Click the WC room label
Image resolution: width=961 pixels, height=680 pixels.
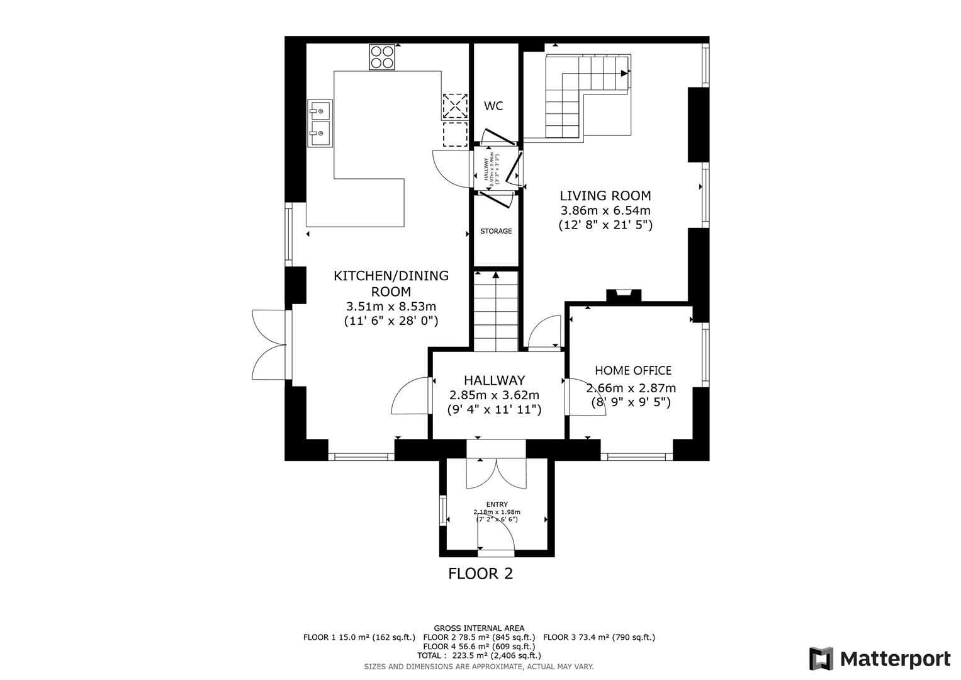click(493, 106)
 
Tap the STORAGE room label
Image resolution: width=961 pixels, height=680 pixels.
click(496, 231)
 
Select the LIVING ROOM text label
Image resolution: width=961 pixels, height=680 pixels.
click(605, 196)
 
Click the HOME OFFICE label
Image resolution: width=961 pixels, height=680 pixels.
click(633, 370)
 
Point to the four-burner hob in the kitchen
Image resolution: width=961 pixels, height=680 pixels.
click(382, 57)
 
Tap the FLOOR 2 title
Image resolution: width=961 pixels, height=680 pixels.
click(480, 574)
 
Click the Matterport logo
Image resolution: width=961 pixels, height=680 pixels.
click(879, 659)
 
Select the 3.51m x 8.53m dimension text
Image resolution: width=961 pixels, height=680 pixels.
click(391, 307)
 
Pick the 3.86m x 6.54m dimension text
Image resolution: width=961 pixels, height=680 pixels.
click(605, 211)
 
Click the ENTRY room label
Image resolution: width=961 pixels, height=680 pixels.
click(497, 504)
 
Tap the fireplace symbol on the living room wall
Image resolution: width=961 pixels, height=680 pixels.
click(623, 294)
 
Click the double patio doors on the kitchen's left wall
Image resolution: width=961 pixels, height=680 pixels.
click(269, 344)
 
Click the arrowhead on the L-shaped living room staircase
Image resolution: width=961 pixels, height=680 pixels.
click(624, 74)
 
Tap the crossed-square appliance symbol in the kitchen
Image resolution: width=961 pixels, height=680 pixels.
click(455, 106)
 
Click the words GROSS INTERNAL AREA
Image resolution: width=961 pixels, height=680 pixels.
click(479, 628)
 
